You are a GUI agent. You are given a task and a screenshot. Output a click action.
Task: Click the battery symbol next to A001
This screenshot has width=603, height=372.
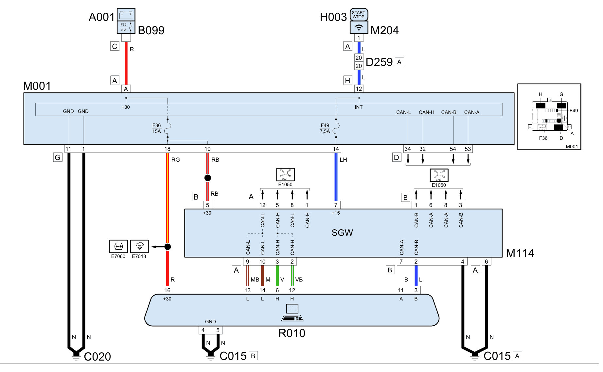point(126,15)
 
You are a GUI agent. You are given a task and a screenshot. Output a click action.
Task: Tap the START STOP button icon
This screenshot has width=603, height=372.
point(359,15)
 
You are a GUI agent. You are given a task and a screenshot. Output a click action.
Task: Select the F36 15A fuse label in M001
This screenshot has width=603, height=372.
point(157,128)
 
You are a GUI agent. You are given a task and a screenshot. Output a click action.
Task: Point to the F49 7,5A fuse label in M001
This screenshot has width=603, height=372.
point(325,128)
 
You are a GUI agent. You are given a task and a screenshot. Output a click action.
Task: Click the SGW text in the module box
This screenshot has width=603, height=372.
point(342,233)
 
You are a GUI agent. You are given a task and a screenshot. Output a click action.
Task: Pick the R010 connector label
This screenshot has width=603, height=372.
point(292,333)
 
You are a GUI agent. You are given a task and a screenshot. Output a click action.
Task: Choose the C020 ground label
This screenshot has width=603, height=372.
point(97,357)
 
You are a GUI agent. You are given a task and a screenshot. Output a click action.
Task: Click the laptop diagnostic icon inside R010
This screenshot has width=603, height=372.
point(292,313)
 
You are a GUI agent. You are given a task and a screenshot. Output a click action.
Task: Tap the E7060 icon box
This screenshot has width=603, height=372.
point(118,247)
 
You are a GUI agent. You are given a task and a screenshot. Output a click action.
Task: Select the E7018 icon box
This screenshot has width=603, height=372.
point(139,247)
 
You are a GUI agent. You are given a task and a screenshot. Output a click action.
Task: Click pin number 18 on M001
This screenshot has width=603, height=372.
point(167,149)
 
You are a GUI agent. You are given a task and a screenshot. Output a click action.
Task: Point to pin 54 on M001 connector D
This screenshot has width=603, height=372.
point(453,149)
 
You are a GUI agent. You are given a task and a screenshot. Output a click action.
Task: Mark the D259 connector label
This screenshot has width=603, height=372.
point(379,62)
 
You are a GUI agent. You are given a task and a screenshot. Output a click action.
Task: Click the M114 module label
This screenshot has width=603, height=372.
point(520,253)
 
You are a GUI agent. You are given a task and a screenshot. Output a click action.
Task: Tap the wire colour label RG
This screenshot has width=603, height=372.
point(176,160)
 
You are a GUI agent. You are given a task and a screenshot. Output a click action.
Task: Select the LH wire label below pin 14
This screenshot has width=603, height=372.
point(343,160)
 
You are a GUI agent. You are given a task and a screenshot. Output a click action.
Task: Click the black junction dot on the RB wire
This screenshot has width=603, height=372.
point(207,178)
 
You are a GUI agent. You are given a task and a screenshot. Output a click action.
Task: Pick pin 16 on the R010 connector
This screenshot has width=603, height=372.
point(167,290)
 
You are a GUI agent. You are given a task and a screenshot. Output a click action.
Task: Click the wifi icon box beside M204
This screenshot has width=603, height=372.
point(359,27)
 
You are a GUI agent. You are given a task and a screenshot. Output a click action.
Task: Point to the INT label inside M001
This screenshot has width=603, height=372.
point(359,107)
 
